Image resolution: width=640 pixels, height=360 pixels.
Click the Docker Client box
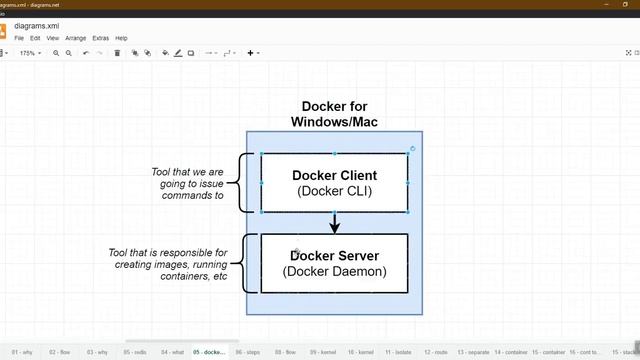334,183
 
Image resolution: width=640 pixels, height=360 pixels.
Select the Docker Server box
334,263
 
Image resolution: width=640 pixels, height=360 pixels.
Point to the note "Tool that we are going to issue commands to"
187,183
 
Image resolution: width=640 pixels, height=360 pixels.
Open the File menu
19,38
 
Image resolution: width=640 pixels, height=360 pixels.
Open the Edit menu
37,38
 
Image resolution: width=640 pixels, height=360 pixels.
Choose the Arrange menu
77,38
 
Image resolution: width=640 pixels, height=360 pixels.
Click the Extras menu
100,38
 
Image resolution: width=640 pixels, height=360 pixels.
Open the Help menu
122,38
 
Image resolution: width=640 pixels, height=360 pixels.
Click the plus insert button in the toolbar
252,53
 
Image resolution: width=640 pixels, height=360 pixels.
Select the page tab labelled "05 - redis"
134,352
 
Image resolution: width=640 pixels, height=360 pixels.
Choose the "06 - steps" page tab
247,352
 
